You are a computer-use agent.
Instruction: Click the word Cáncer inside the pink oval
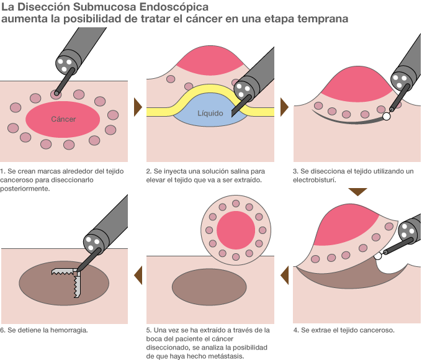coord(63,119)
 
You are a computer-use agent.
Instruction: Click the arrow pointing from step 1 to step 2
coord(138,106)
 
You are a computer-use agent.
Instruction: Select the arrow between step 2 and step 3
coord(284,106)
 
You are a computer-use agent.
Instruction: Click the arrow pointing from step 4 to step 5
coord(284,274)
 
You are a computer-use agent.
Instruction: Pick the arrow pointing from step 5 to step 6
coord(138,274)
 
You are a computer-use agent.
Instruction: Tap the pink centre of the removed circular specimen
coord(235,228)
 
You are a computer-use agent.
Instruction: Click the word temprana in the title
coord(323,19)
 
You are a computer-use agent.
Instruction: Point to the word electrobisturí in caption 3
coord(315,180)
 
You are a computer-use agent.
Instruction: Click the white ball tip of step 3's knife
coord(386,116)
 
